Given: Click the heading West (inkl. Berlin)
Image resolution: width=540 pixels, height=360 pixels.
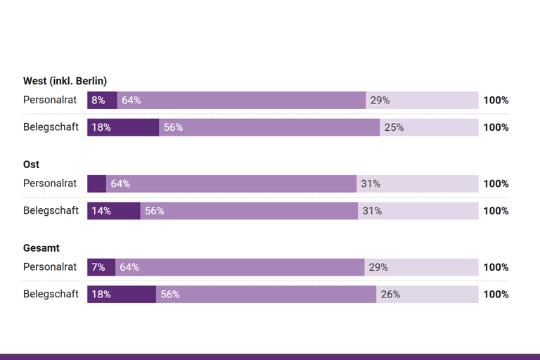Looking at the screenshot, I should (x=65, y=81).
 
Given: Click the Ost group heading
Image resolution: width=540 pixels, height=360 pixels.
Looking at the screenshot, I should (x=31, y=165).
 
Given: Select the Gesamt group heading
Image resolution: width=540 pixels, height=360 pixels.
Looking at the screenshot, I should (x=41, y=248).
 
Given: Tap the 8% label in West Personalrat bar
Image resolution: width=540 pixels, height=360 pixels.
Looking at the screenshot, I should (x=98, y=101).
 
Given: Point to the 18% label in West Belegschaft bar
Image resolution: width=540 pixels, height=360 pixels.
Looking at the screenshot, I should (x=101, y=127).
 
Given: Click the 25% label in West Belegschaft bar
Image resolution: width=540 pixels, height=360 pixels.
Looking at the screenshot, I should (x=394, y=127).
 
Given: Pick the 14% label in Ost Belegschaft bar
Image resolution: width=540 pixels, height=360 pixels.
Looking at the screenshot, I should (x=101, y=211).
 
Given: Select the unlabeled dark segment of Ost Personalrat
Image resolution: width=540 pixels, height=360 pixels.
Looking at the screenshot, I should (x=96, y=184).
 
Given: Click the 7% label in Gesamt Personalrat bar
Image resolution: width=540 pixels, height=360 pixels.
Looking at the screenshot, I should (x=98, y=268).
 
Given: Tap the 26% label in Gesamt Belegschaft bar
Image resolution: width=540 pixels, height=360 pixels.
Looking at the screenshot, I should (x=390, y=295).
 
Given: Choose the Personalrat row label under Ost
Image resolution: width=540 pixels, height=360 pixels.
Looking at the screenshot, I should (x=50, y=184).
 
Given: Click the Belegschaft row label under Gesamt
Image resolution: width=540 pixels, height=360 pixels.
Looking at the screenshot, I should (x=51, y=294).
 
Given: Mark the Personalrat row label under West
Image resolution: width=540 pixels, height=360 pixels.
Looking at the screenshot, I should (x=50, y=100).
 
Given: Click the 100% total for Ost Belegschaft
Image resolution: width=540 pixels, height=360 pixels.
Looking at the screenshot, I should (x=496, y=211).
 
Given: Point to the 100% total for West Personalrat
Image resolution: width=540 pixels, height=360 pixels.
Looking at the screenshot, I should (x=496, y=101).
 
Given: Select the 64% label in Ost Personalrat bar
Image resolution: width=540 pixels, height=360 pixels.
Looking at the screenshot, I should (x=120, y=184).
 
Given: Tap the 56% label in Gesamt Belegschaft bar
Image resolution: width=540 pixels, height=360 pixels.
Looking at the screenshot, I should (x=170, y=295).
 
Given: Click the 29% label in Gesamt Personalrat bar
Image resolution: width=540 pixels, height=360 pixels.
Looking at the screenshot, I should (x=378, y=268).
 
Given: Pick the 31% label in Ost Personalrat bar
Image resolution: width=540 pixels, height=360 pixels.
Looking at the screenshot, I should (x=371, y=184).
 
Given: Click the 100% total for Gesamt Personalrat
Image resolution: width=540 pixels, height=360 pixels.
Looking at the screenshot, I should (x=496, y=268).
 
